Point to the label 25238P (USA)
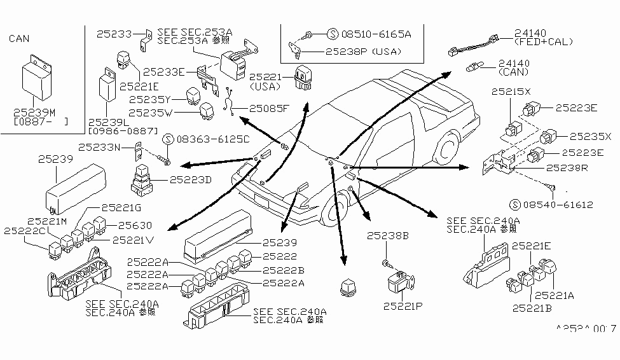[x=365, y=50]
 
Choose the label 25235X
[x=590, y=136]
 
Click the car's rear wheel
[x=448, y=148]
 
